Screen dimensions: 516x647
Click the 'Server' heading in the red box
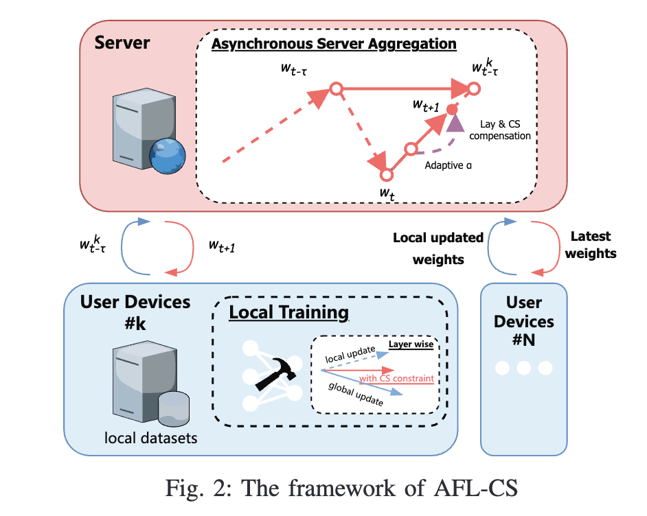122,43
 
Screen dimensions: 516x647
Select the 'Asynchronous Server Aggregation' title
334,44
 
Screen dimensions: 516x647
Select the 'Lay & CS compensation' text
499,130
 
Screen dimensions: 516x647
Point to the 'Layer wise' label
411,344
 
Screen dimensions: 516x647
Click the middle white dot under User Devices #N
523,368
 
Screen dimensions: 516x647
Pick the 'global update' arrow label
356,395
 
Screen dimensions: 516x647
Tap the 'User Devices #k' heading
135,312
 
